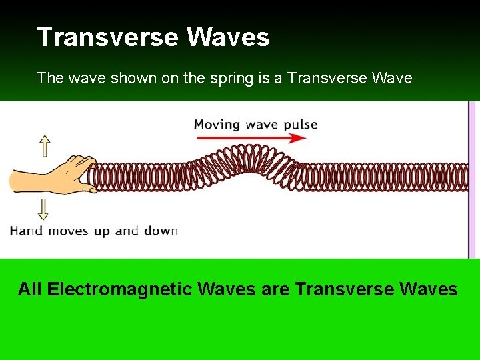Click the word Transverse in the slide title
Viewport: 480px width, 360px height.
click(x=107, y=37)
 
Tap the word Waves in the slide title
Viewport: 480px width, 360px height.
click(x=228, y=37)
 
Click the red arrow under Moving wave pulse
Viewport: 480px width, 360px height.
click(x=251, y=138)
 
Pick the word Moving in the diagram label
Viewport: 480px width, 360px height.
click(x=217, y=124)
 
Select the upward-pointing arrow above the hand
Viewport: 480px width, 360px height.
click(x=44, y=145)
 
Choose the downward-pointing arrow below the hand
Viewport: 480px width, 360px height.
click(x=44, y=209)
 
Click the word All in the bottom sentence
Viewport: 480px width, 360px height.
click(x=30, y=289)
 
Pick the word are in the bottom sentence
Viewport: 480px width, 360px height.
click(x=275, y=289)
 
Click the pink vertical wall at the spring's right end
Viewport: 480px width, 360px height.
click(x=473, y=179)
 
